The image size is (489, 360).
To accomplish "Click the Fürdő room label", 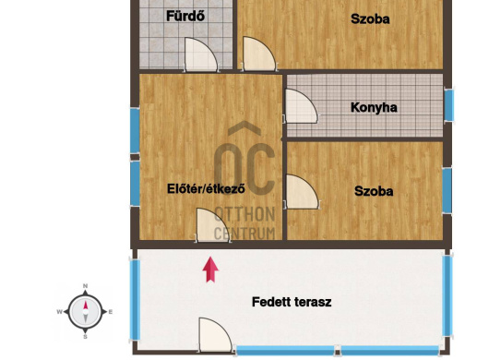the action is pos(185,16).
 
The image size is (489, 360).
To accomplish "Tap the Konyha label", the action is pos(374,108).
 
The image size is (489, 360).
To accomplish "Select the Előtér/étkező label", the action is pos(206,188).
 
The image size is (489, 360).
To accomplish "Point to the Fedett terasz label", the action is pos(292,302).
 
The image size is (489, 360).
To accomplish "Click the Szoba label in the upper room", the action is pos(370,19).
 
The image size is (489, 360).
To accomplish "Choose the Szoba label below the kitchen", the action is pos(374,191).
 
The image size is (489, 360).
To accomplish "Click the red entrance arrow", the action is pos(210,270).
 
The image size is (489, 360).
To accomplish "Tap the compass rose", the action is pos(85,312).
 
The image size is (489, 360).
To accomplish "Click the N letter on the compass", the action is pos(86,286).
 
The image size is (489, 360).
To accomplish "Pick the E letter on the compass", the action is pos(111,312).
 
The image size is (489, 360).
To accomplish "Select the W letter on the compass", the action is pos(59,312).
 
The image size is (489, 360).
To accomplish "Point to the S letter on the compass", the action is pos(85,337).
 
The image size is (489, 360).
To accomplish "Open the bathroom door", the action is pos(201,54).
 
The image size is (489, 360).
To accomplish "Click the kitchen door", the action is pos(301,106).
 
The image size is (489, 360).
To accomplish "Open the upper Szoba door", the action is pos(259,54).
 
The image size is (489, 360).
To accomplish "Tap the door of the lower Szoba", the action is pos(302,192).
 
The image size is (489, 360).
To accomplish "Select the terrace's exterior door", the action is pos(216,335).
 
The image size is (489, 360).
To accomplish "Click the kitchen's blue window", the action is pos(448,105).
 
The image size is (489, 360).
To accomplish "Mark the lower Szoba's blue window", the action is pos(447,190).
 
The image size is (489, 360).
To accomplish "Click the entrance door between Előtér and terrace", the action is pos(213,225).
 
